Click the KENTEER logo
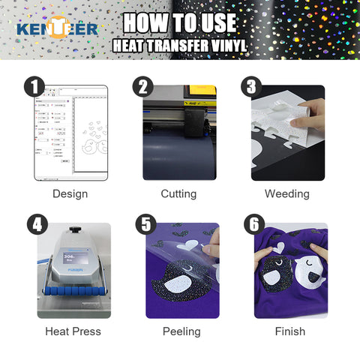point(58,28)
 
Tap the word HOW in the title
point(145,22)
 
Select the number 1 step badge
point(34,86)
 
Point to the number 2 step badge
point(143,86)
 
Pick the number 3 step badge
point(251,86)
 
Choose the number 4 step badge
point(37,224)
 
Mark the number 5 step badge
point(146,224)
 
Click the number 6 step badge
point(254,224)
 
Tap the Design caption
point(70,194)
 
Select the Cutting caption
point(178,194)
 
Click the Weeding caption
point(287,194)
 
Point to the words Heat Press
point(73,331)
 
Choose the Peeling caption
point(181,331)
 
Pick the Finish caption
point(290,331)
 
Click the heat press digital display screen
point(76,257)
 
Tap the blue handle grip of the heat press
point(75,291)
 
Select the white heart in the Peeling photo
point(188,244)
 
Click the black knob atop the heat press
point(74,229)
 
